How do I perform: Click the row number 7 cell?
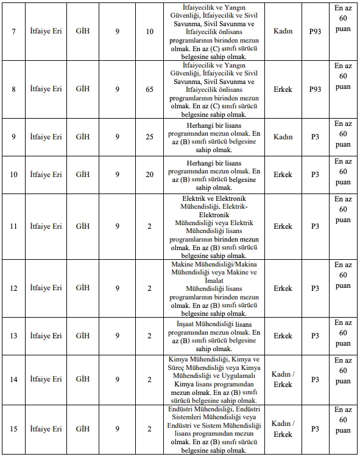(13, 30)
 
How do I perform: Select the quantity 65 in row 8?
(149, 89)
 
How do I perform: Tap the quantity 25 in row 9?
(149, 137)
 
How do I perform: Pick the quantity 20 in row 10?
(149, 175)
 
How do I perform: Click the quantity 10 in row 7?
(149, 30)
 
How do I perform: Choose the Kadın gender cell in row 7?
(283, 30)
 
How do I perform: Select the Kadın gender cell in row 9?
(283, 137)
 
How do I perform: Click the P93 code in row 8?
(315, 89)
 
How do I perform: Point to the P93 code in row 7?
(315, 30)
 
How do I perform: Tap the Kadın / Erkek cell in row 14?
(283, 379)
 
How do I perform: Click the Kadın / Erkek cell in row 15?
(283, 429)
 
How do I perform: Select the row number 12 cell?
(13, 288)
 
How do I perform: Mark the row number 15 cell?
(13, 429)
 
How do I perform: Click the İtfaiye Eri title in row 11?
(46, 226)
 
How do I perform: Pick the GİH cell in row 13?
(83, 335)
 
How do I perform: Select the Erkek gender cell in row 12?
(283, 288)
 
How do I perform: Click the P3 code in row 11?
(315, 226)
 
